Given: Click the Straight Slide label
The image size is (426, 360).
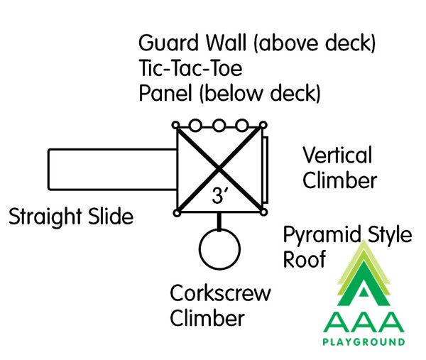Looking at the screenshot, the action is click(71, 217).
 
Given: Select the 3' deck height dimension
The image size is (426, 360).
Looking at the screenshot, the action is click(219, 196).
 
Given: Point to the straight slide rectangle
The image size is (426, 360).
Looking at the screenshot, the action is click(48, 169).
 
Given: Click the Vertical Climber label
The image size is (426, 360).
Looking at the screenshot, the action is click(340, 168).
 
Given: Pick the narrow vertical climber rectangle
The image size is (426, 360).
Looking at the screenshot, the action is click(266, 170).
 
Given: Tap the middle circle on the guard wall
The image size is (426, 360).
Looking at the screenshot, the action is click(219, 126).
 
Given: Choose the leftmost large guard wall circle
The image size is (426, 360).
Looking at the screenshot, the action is click(196, 126).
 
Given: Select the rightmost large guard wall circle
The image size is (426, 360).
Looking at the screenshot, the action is click(242, 126).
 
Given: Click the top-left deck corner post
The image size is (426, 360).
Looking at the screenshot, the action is click(176, 125).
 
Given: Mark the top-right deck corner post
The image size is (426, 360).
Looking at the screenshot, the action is click(263, 125).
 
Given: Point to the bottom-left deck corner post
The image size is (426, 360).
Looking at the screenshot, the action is click(177, 213).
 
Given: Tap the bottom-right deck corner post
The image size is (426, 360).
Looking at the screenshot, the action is click(263, 212).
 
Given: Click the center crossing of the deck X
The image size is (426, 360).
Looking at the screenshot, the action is click(219, 169).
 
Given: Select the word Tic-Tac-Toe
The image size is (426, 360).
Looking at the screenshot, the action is click(190, 68).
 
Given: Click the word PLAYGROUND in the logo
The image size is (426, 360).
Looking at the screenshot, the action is click(364, 342).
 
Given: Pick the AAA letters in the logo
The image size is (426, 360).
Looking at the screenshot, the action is click(364, 322).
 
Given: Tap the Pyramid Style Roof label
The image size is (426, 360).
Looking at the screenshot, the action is click(347, 246).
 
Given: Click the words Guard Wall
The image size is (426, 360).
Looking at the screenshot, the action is click(192, 43).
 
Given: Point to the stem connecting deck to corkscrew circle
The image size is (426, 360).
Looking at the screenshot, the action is click(219, 222).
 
